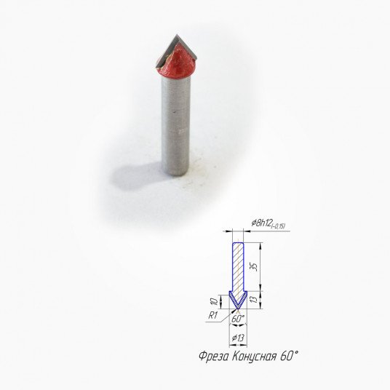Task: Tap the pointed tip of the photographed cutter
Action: pyautogui.click(x=177, y=35)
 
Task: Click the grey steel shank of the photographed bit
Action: pyautogui.click(x=175, y=124)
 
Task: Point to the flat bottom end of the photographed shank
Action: pyautogui.click(x=175, y=173)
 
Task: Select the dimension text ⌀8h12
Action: pyautogui.click(x=261, y=223)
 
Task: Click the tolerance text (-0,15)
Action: pyautogui.click(x=278, y=226)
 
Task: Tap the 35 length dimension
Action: pyautogui.click(x=253, y=266)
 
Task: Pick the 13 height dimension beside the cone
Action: pyautogui.click(x=254, y=300)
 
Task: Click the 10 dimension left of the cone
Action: pyautogui.click(x=215, y=301)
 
